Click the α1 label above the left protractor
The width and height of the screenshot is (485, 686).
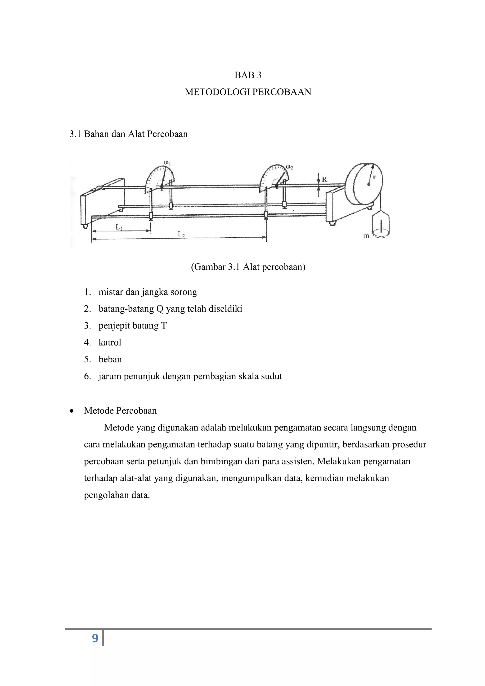coord(167,163)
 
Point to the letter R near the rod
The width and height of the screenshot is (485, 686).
coord(324,180)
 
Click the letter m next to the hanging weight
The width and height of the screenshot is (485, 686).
coord(366,236)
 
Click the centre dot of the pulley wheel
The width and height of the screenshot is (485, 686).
coord(369,184)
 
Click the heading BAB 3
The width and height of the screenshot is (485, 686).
coord(248,75)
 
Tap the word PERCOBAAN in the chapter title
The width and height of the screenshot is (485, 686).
coord(282,92)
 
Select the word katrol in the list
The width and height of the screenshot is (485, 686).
coord(110,342)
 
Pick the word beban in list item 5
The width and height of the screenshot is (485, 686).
coord(110,359)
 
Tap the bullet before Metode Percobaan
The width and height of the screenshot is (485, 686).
coord(71,411)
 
